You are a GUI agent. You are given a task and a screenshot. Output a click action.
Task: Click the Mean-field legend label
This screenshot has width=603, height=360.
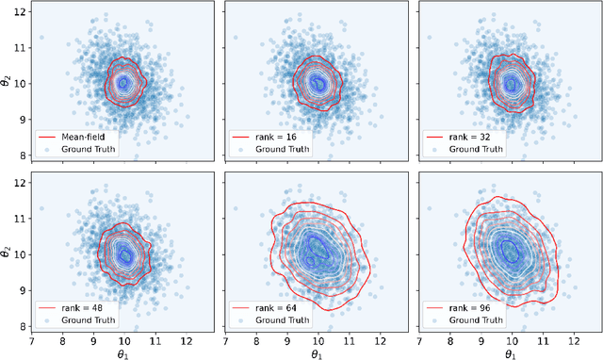[x=87, y=137]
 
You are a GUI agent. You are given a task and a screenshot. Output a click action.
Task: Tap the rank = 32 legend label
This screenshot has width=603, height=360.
[x=469, y=137]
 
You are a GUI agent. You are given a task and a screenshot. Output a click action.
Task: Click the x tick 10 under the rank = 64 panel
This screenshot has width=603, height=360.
[x=318, y=336]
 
